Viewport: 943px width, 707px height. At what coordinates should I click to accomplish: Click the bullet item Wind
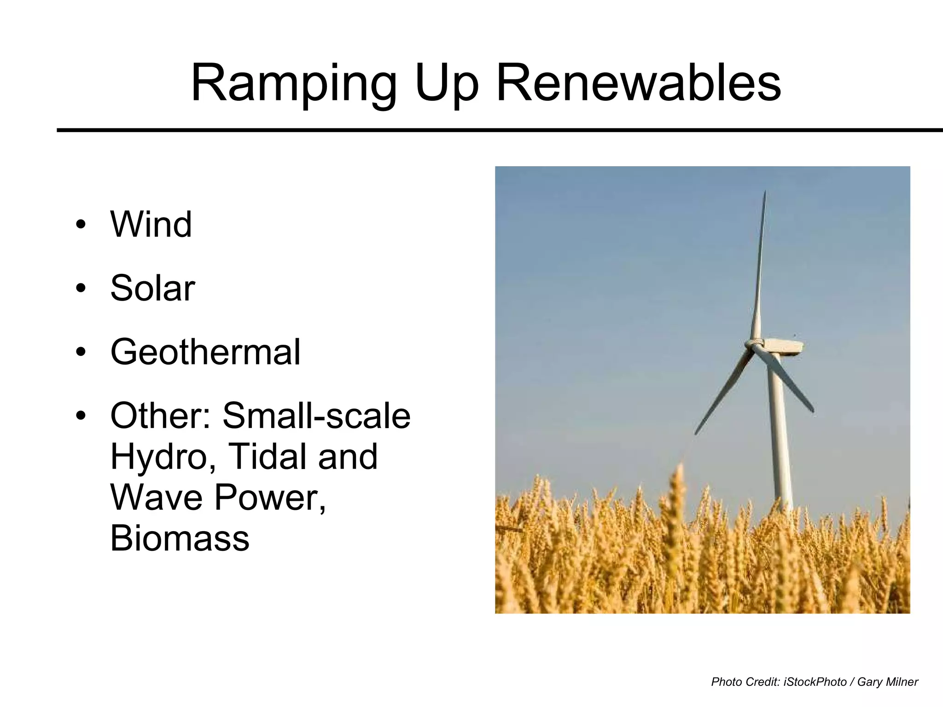tap(151, 225)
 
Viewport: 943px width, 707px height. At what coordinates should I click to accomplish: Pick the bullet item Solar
tap(152, 289)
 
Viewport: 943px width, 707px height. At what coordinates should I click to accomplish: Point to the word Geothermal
tap(205, 352)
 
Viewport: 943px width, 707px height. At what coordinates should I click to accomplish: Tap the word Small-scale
tap(316, 416)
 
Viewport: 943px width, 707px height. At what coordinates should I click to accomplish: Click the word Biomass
tap(180, 538)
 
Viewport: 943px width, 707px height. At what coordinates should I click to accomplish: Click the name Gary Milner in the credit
tap(887, 682)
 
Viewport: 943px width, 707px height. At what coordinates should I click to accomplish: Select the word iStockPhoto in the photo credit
tap(815, 682)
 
